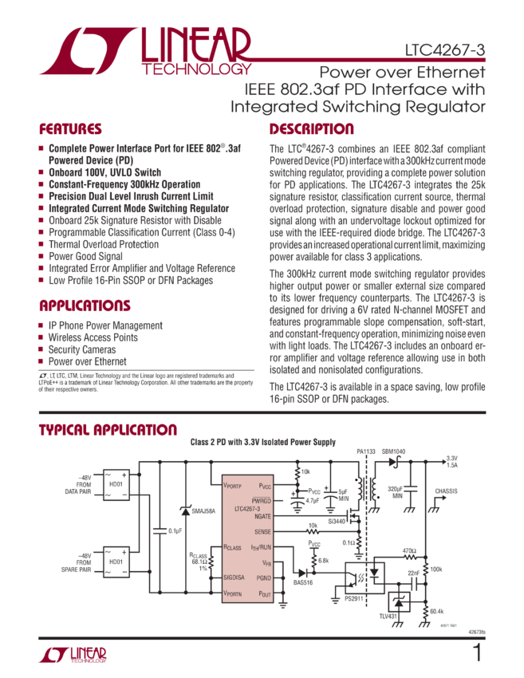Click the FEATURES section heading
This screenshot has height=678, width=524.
70,130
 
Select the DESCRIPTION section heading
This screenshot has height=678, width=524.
311,130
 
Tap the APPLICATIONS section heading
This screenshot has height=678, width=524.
85,305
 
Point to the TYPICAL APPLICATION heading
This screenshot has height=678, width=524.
108,431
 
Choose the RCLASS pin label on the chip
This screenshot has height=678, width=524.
233,548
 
